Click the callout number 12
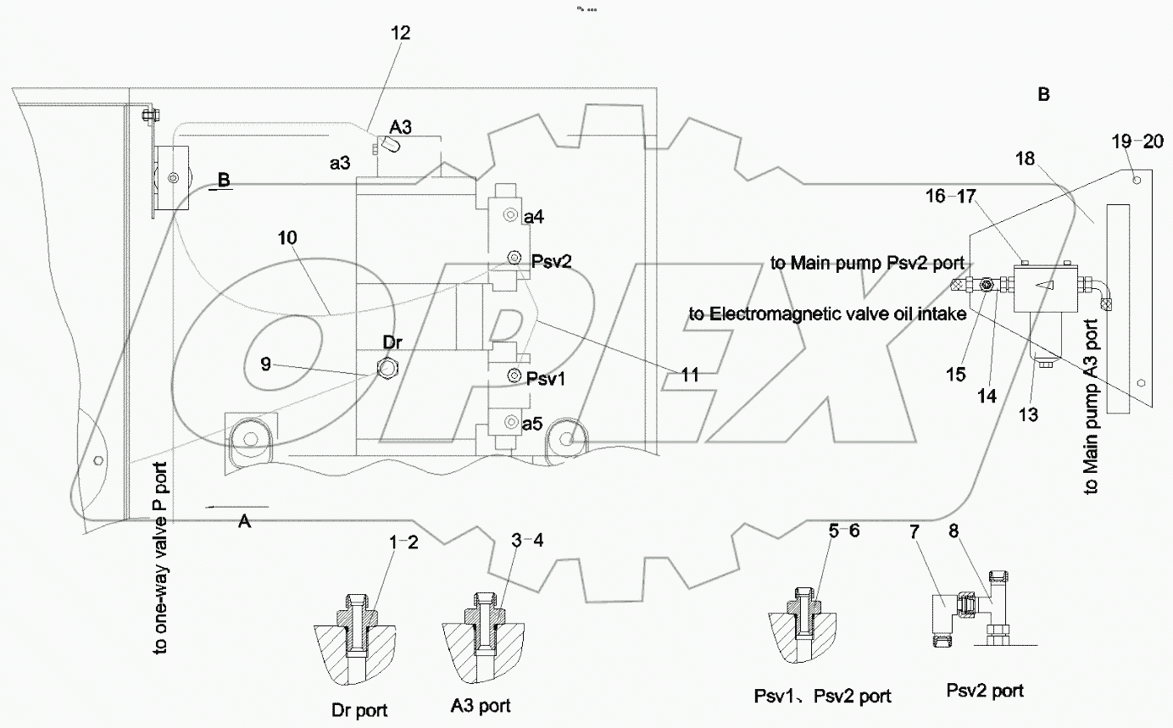click(x=400, y=34)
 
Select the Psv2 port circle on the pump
click(x=514, y=258)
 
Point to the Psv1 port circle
click(x=514, y=375)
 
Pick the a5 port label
click(x=532, y=424)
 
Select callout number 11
click(x=690, y=373)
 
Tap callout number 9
click(x=267, y=364)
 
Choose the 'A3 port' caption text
click(x=481, y=705)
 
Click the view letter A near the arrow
click(x=244, y=522)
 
